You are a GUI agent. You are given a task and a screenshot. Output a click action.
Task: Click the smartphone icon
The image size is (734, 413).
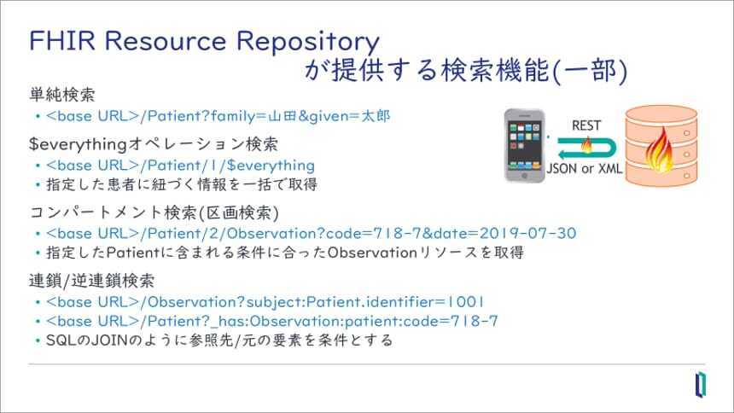tap(524, 143)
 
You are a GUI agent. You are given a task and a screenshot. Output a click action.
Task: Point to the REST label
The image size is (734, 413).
tap(585, 125)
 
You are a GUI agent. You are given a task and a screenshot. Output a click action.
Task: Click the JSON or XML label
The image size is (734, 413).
tap(585, 168)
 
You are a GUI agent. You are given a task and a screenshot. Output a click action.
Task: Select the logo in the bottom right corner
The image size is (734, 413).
tap(700, 385)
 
